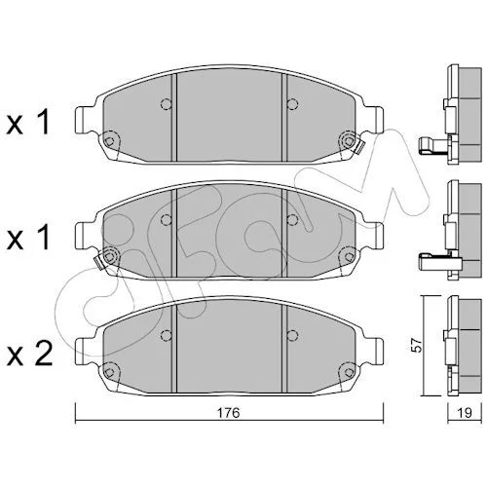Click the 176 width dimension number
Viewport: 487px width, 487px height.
point(228,413)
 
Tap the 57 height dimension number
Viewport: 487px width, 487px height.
point(418,346)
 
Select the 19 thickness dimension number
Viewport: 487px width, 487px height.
point(465,413)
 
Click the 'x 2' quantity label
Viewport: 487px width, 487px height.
point(29,355)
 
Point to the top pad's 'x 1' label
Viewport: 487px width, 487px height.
point(28,123)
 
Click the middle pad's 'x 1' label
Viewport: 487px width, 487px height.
point(28,238)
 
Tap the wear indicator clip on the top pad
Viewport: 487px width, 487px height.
point(359,147)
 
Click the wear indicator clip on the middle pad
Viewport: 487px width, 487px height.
point(98,262)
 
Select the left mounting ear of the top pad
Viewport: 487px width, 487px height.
point(84,120)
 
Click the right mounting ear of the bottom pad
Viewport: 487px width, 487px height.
point(375,352)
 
